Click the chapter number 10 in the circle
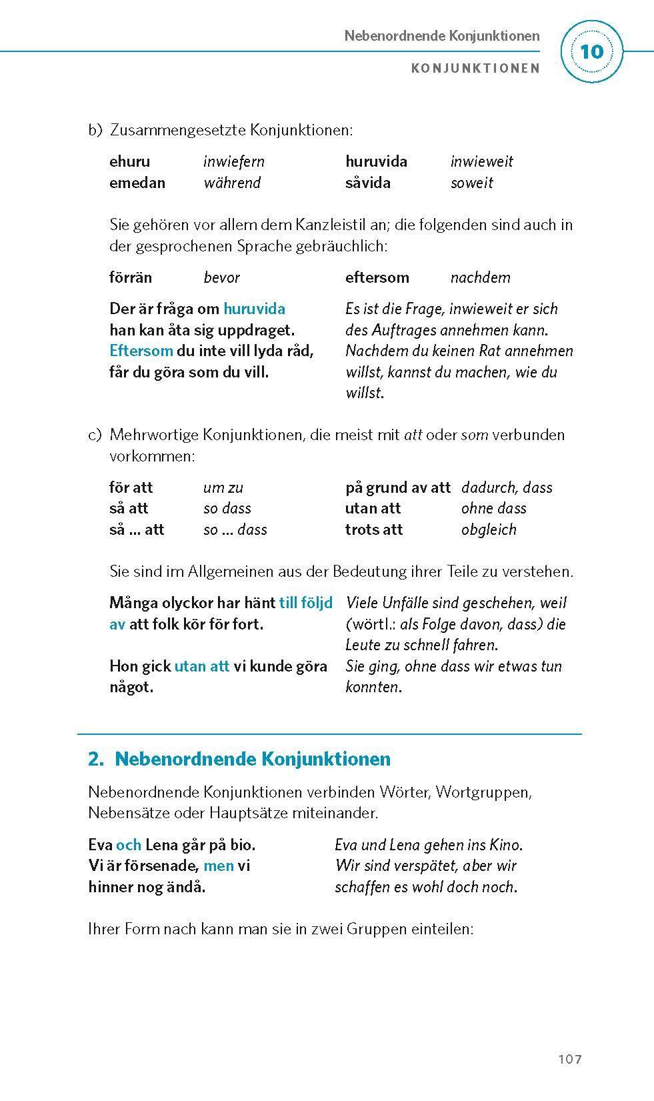[x=591, y=52]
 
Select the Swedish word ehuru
[x=129, y=161]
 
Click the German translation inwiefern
[x=233, y=161]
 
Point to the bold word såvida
[x=367, y=183]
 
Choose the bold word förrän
[x=130, y=277]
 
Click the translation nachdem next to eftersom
[x=480, y=277]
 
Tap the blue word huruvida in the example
[x=254, y=309]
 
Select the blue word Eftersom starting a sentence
[x=141, y=351]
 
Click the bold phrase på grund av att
[x=397, y=487]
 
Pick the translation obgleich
[x=489, y=529]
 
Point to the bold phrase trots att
[x=373, y=529]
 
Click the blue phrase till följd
[x=305, y=603]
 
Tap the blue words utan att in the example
[x=201, y=666]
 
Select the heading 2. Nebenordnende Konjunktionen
[x=239, y=759]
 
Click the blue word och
[x=128, y=845]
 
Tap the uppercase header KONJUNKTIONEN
[x=475, y=68]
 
